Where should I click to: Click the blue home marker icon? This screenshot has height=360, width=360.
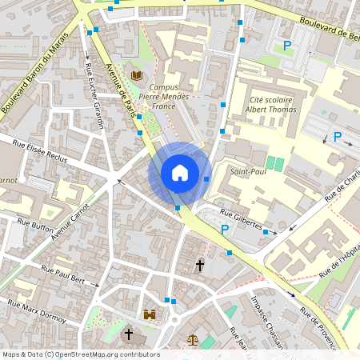tap(180, 173)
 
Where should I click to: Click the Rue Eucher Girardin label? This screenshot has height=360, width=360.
tap(94, 97)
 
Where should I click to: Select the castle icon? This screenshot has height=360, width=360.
tap(150, 315)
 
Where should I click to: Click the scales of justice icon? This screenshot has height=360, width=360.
tap(192, 339)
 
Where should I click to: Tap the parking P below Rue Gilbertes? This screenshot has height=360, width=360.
tap(225, 231)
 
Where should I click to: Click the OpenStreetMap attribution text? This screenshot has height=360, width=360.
tap(80, 354)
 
